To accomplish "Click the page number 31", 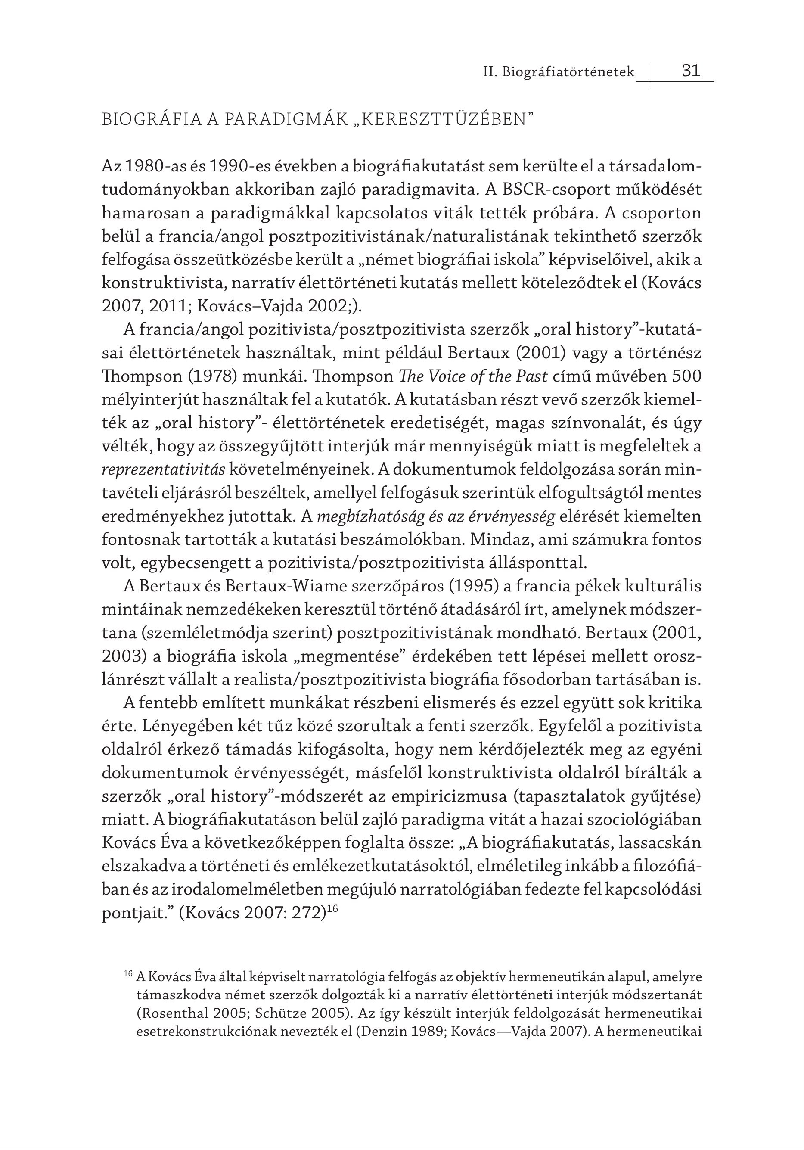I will click(691, 70).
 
